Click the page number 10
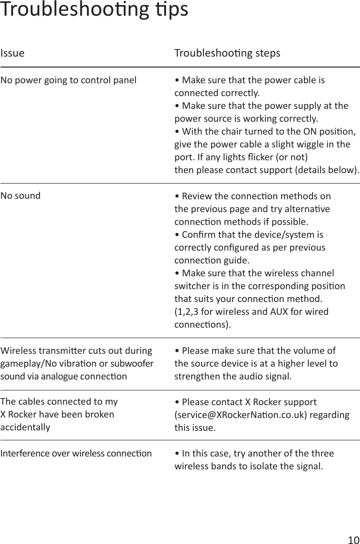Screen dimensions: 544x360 point(353,540)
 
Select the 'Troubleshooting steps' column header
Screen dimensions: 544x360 point(227,53)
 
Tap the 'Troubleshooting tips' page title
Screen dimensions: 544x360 point(94,10)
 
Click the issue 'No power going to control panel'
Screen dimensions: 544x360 point(68,79)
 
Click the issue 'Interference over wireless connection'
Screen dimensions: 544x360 point(76,453)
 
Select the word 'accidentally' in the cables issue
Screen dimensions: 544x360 point(25,427)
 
